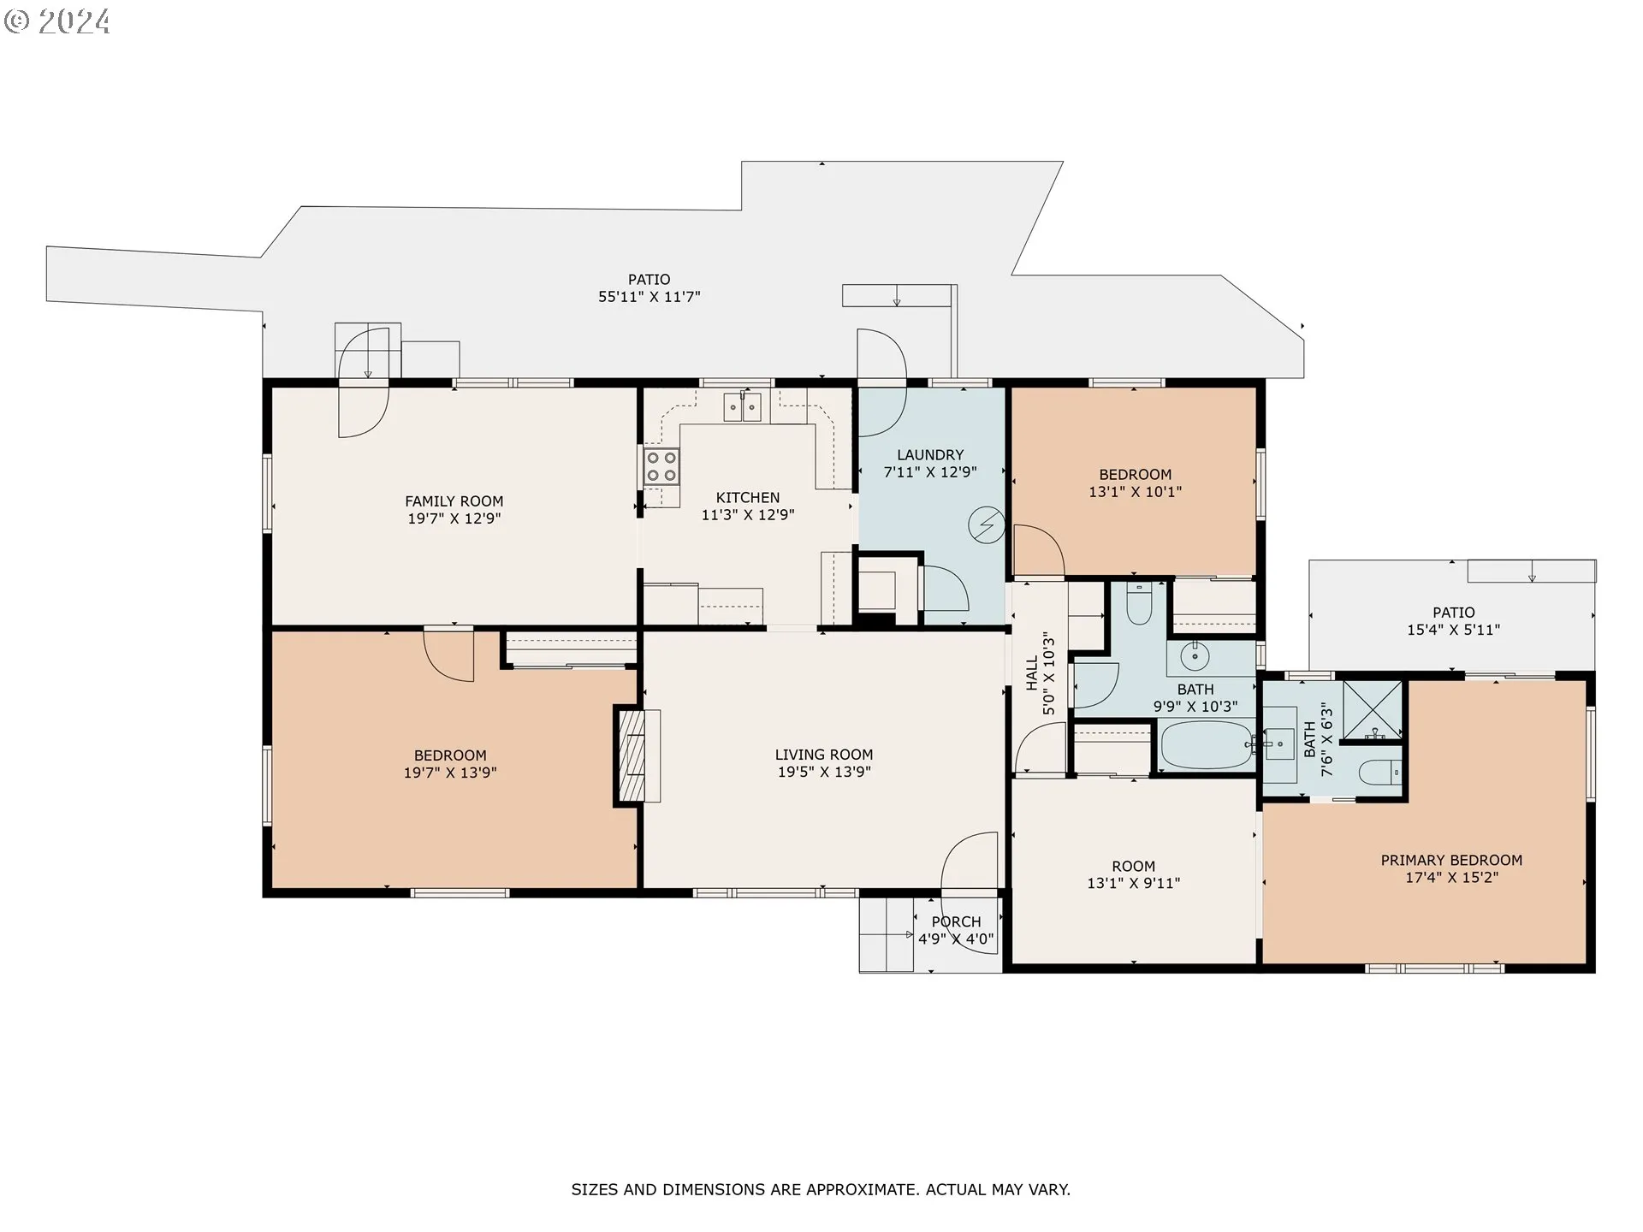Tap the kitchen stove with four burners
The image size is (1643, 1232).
click(x=661, y=466)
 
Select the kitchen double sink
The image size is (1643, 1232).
click(x=743, y=406)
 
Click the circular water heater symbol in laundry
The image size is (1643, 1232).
click(x=987, y=525)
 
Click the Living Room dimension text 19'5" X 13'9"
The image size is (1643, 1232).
click(x=824, y=772)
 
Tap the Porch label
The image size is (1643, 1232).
click(x=956, y=921)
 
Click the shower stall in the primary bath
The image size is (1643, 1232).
click(x=1373, y=710)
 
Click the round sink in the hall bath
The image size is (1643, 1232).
click(x=1195, y=657)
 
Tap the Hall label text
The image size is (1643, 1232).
click(x=1032, y=673)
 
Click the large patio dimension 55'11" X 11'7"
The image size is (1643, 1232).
click(x=649, y=297)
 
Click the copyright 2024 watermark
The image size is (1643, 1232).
click(x=57, y=21)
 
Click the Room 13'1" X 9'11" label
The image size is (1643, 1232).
click(x=1133, y=874)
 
